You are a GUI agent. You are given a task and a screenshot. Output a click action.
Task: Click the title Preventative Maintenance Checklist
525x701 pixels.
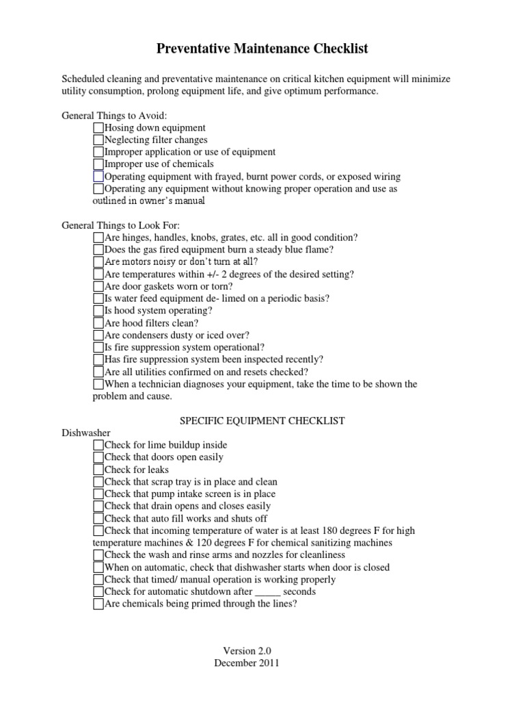[262, 49]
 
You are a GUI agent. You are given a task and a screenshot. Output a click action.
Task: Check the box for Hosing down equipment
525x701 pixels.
[98, 128]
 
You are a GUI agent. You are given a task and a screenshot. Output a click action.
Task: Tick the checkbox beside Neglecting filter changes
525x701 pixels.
[98, 140]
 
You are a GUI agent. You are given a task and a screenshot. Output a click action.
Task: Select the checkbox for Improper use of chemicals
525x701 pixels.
[98, 164]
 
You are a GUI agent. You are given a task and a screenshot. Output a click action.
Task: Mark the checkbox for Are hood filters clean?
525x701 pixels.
[98, 323]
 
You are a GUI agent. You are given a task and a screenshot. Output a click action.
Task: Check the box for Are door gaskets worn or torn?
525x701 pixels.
[98, 286]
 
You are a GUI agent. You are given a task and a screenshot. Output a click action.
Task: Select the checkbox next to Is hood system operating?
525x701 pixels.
[98, 311]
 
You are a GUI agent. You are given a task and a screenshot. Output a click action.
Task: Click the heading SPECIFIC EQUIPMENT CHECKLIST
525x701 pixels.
[262, 420]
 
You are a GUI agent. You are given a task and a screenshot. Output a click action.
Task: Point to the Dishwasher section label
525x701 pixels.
[86, 433]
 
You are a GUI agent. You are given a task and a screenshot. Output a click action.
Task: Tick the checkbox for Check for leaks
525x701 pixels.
[98, 470]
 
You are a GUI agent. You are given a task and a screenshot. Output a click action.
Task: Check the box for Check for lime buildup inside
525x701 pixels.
[98, 445]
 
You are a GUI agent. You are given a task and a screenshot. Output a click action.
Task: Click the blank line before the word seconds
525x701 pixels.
[269, 592]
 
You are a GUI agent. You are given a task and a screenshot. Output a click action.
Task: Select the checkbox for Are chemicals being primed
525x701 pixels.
[98, 604]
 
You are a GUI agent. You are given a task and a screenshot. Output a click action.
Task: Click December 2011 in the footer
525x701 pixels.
[247, 663]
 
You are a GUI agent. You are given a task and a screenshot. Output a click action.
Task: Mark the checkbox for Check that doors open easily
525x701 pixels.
[98, 457]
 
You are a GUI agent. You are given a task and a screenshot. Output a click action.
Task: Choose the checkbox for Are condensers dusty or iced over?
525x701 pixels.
[98, 335]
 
